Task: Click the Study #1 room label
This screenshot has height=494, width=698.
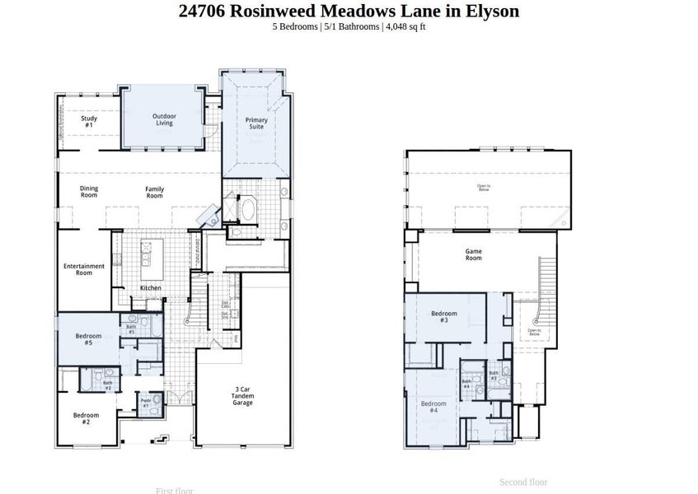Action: click(89, 121)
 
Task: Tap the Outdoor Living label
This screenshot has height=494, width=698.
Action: click(163, 120)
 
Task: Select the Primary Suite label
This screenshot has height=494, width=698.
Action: click(256, 124)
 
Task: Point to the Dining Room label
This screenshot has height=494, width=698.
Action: click(89, 192)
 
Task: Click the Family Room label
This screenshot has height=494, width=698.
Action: click(154, 193)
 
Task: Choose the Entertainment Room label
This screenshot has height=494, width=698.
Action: click(84, 269)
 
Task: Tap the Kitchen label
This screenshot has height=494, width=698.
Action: click(150, 287)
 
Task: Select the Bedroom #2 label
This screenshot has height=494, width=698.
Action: click(86, 418)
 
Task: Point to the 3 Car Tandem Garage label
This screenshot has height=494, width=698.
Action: click(242, 396)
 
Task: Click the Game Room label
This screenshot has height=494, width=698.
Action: click(473, 254)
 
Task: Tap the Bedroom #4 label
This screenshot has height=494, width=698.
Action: click(433, 407)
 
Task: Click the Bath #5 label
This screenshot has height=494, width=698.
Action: click(131, 329)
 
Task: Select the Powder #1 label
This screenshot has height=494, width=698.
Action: click(146, 403)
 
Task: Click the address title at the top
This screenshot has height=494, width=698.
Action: click(349, 11)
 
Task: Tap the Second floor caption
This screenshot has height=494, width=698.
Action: click(523, 482)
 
